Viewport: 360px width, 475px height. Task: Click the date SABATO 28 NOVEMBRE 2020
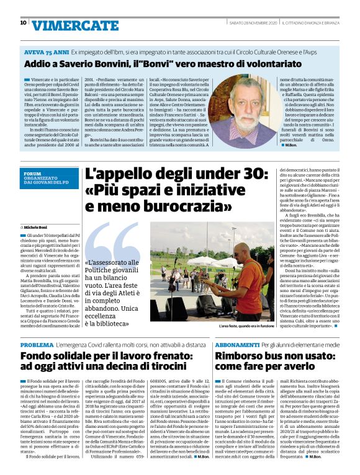pyautogui.click(x=255, y=22)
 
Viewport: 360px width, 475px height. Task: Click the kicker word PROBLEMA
pyautogui.click(x=37, y=344)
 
